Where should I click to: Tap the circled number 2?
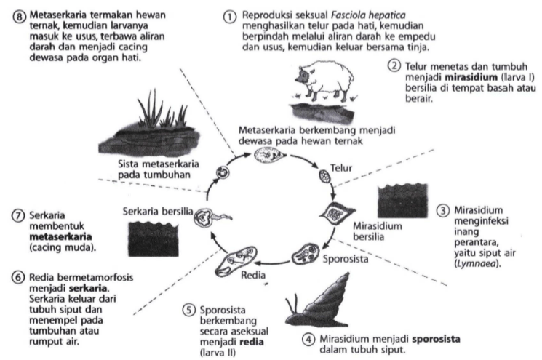(x=394, y=66)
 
